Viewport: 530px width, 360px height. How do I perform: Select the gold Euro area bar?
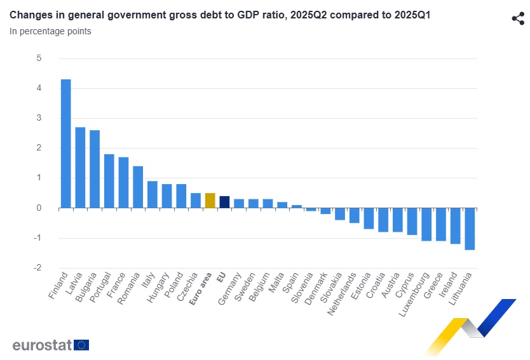coord(210,201)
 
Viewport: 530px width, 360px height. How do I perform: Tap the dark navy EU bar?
coord(224,202)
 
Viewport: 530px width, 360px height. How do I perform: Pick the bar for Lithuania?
coord(470,229)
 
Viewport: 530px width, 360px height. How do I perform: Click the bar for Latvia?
coord(80,168)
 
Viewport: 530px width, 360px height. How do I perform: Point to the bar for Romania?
coord(138,187)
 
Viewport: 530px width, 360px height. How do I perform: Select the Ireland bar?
coord(455,226)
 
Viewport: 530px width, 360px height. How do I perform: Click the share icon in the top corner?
coord(517,18)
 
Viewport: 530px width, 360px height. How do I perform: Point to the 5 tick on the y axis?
coord(39,58)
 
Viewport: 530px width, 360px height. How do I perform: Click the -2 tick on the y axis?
coord(37,268)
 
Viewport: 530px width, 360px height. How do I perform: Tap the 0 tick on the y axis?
coord(39,208)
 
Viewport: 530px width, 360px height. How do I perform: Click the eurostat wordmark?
coord(42,345)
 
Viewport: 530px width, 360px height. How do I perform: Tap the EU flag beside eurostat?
coord(81,345)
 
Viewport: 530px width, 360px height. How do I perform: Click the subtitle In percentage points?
coord(50,31)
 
